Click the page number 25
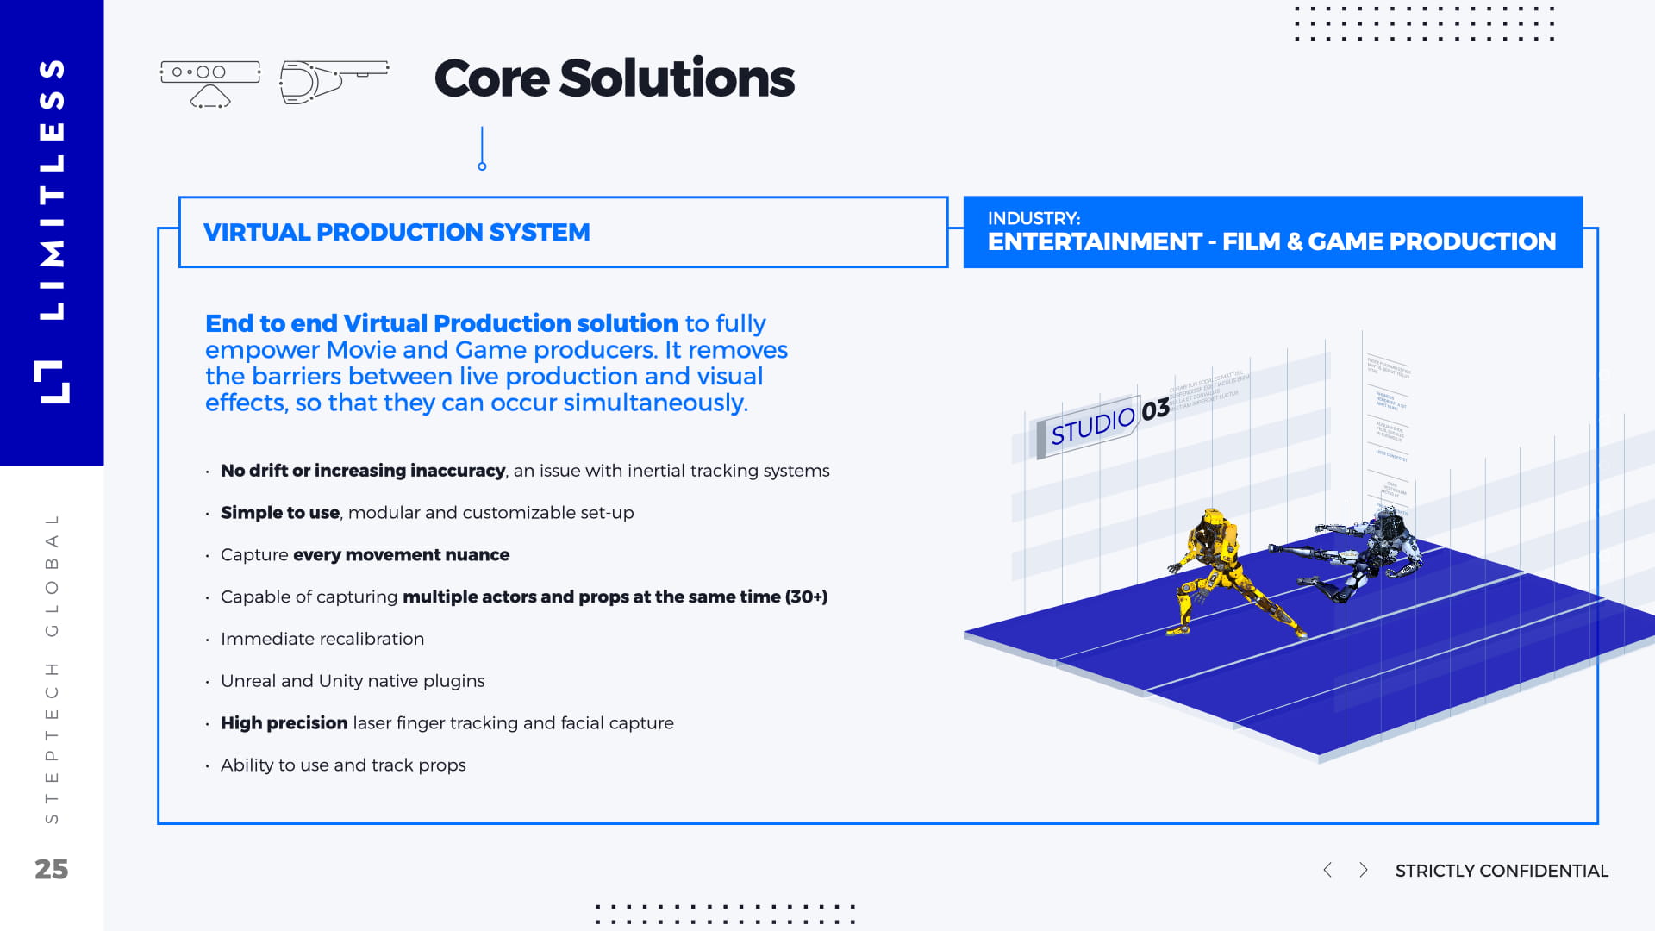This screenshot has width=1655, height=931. [51, 869]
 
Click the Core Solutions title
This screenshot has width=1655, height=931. [614, 78]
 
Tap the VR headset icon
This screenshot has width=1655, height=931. [333, 82]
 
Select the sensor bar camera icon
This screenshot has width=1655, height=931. [209, 83]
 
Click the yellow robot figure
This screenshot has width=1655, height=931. [1220, 569]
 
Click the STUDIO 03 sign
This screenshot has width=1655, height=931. [1108, 422]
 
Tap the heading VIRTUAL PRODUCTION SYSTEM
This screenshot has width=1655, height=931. [397, 233]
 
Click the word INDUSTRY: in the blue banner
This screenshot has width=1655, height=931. [1034, 218]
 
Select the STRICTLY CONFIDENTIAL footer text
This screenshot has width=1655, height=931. [1502, 871]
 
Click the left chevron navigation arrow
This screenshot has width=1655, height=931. [1327, 870]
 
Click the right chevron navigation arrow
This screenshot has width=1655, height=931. [1363, 870]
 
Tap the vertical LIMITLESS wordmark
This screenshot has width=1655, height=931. [53, 190]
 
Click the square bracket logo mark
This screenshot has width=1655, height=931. [52, 382]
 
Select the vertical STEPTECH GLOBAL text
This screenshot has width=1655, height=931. [52, 668]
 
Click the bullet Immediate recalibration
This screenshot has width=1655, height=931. [322, 639]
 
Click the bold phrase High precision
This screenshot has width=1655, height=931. [284, 723]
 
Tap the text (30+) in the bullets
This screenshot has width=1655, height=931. [806, 597]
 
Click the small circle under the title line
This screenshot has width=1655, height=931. [482, 166]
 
